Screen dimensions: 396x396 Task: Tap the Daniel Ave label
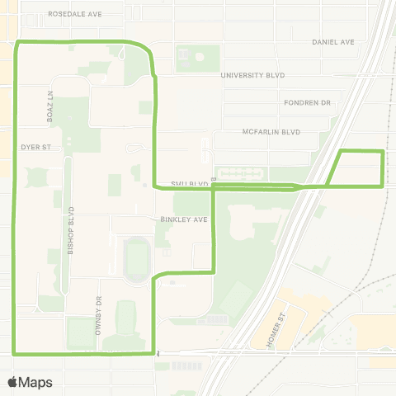click(332, 41)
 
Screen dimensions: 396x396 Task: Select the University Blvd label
click(252, 74)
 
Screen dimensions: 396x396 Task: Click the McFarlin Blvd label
click(271, 132)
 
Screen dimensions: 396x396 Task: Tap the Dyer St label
click(36, 147)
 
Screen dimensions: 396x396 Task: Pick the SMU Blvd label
click(187, 183)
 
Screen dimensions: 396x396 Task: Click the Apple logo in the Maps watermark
click(13, 382)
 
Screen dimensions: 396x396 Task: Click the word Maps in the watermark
click(37, 382)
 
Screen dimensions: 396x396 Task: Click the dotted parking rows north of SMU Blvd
click(240, 174)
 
